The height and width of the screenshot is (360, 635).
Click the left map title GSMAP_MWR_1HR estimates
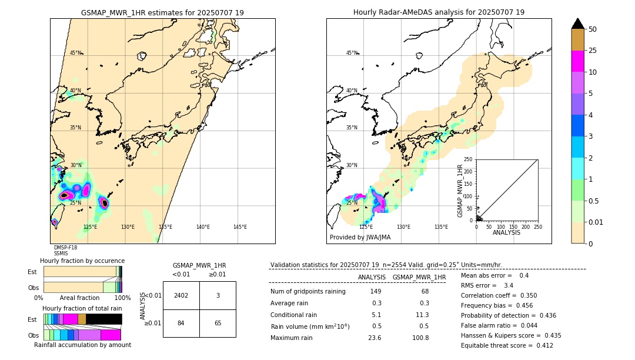[x=162, y=12]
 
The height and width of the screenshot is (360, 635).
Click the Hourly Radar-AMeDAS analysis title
[x=439, y=12]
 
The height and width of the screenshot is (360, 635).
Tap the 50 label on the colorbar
[x=593, y=29]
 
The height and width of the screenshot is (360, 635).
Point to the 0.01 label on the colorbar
[x=595, y=222]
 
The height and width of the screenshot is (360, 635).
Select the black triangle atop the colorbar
[x=578, y=24]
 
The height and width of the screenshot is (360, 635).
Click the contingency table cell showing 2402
[x=181, y=295]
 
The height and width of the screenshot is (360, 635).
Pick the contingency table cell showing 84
[x=181, y=323]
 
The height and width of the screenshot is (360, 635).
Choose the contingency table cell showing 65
[x=218, y=323]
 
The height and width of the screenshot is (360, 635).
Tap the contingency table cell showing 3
[x=218, y=295]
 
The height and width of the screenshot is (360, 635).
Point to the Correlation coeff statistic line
[x=499, y=296]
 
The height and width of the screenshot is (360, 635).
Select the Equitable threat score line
[x=507, y=346]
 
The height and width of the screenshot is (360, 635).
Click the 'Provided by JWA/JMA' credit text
[x=360, y=238]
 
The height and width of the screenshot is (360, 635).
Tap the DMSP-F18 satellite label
[x=65, y=248]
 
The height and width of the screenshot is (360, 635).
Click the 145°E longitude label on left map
[x=240, y=227]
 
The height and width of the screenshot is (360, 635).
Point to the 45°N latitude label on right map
[x=352, y=53]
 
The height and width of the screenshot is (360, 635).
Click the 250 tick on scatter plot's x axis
[x=537, y=226]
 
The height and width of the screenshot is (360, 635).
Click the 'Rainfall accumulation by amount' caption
[x=82, y=345]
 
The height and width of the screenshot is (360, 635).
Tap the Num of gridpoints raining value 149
[x=376, y=292]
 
